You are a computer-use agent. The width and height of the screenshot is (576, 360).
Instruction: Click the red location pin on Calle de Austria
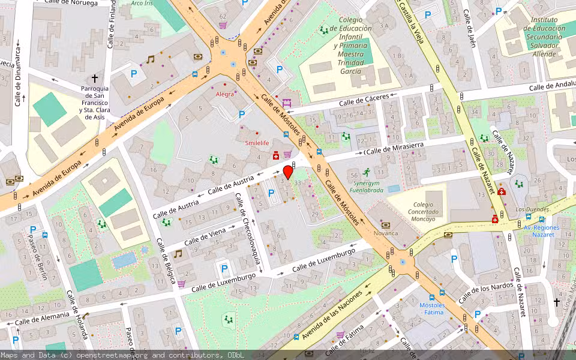click(287, 172)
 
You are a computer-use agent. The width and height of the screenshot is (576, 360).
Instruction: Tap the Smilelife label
click(256, 143)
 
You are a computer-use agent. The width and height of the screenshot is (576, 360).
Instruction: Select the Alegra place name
click(225, 94)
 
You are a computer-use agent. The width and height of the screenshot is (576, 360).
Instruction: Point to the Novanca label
click(386, 233)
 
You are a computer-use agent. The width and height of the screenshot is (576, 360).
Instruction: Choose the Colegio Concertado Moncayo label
click(423, 204)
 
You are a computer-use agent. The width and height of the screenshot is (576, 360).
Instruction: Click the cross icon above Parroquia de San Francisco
click(94, 79)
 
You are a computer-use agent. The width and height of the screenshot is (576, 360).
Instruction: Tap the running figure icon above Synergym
click(367, 172)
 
